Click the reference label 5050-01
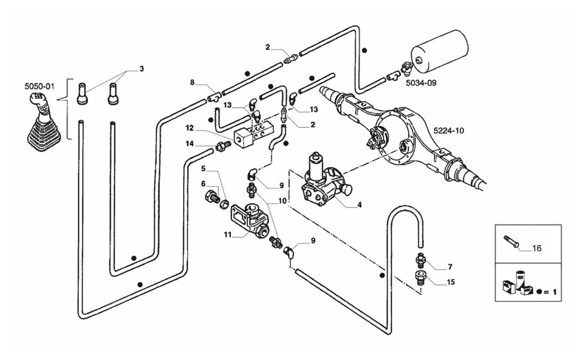(39, 86)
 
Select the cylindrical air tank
(440, 52)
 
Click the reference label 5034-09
(421, 83)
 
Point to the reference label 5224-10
(448, 131)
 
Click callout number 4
(359, 205)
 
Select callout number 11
(228, 235)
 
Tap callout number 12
(189, 129)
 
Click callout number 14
(189, 143)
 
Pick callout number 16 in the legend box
(536, 248)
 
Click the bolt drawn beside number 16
(512, 241)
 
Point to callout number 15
(451, 282)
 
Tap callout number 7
(450, 267)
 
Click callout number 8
(192, 82)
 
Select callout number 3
(141, 68)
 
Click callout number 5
(203, 169)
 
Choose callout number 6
(203, 183)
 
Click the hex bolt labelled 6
(212, 196)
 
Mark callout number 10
(282, 201)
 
